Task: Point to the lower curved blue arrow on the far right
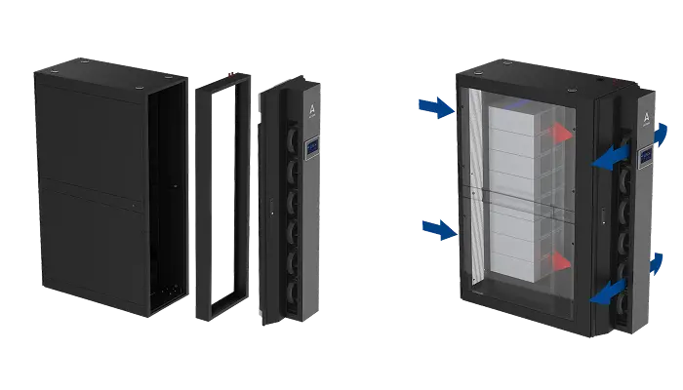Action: tap(658, 261)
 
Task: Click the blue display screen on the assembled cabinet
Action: tap(645, 156)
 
